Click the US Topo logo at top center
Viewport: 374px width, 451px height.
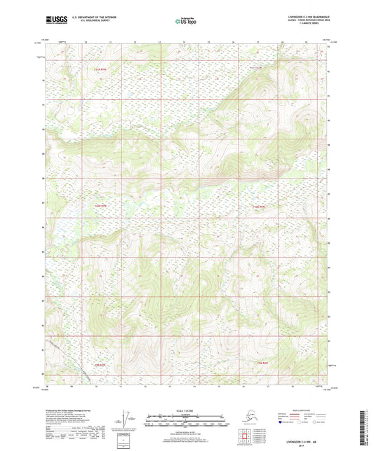(185, 22)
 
